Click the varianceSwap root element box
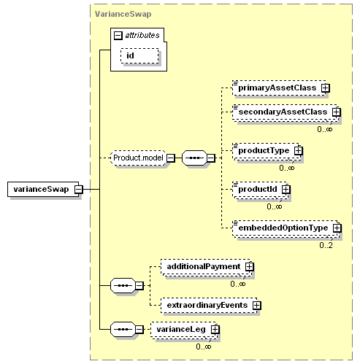[43, 189]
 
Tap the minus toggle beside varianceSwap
[79, 189]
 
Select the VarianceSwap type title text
[123, 14]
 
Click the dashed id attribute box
[139, 55]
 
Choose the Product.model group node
[138, 158]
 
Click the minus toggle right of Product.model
[171, 158]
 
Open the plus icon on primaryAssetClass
[326, 88]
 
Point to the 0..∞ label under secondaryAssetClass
[325, 129]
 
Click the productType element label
[264, 150]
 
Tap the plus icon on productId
[286, 189]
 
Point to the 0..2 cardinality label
[326, 245]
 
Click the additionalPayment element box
[206, 266]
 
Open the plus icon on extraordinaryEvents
[257, 305]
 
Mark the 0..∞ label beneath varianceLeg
[204, 346]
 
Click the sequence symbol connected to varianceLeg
[123, 329]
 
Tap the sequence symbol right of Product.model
[194, 158]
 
